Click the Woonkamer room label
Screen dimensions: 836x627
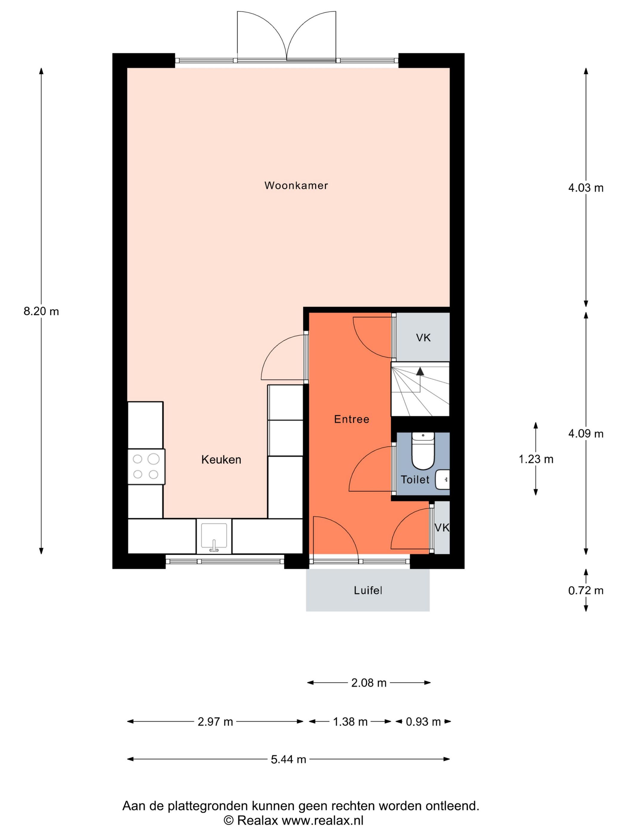(x=296, y=186)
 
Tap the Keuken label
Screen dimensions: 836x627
(x=221, y=460)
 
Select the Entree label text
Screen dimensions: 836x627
(x=351, y=419)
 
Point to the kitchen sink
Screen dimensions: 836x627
(x=214, y=536)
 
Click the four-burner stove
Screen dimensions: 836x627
(x=146, y=466)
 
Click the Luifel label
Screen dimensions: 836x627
(x=368, y=590)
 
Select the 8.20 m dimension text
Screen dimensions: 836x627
(x=41, y=311)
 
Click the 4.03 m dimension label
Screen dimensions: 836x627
(x=585, y=188)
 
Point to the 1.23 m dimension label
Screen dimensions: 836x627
(x=536, y=459)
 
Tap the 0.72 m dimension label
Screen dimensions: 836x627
(x=585, y=590)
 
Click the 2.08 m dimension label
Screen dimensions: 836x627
(x=368, y=683)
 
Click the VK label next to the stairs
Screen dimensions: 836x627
(x=423, y=337)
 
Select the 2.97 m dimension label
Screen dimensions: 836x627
(x=215, y=722)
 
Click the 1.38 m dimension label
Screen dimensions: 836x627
(x=350, y=722)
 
